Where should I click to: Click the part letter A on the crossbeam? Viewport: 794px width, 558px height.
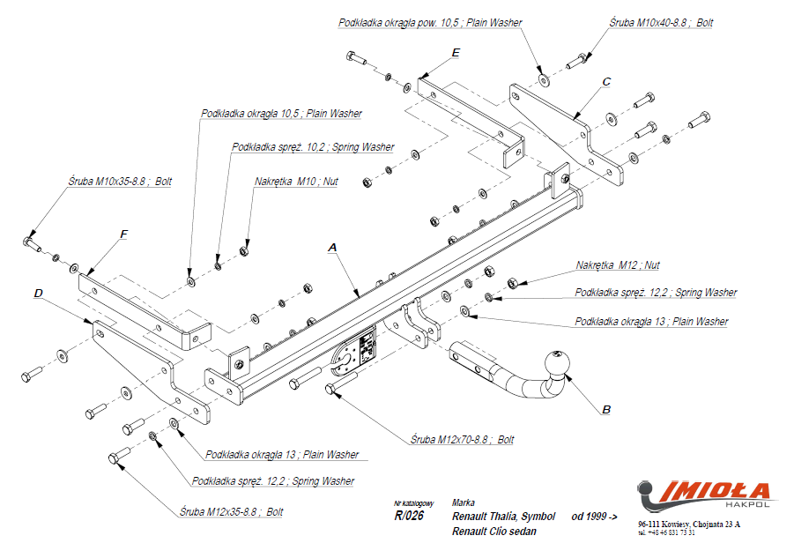tap(332, 249)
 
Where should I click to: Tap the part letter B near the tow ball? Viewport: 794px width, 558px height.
tap(606, 409)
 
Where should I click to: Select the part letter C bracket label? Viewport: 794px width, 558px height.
tap(606, 82)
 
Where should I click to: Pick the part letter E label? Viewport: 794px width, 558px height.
tap(455, 54)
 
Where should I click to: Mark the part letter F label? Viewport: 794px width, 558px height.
tap(123, 234)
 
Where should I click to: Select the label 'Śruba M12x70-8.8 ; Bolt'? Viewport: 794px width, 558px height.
tap(462, 439)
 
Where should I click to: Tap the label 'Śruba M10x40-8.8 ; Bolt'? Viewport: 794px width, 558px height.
tap(661, 23)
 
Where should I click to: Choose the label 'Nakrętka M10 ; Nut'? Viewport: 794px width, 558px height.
tap(296, 182)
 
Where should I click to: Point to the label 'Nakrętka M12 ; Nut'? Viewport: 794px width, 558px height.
tap(617, 265)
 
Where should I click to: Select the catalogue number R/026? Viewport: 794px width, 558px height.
tap(409, 516)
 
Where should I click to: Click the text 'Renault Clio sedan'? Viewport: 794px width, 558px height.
tap(493, 532)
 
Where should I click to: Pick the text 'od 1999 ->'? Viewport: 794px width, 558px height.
tap(595, 516)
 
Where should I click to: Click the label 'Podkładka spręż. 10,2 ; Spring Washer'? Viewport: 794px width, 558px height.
tap(312, 147)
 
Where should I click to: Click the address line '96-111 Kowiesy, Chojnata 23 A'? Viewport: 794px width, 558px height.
tap(689, 525)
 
